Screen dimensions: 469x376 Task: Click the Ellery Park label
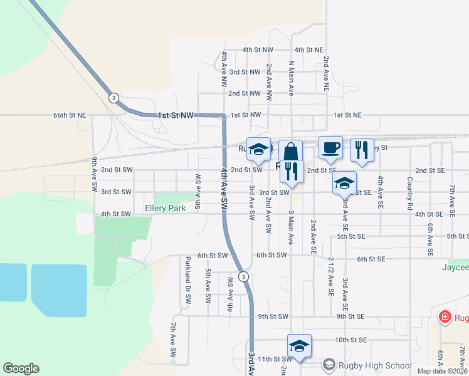coord(165,208)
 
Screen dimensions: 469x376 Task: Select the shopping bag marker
coord(291,152)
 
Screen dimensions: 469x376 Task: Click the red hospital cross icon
coord(446,317)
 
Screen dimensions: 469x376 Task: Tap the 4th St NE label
coord(308,50)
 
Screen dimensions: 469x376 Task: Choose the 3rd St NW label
coord(245,72)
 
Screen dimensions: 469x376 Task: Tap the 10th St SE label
coord(350,340)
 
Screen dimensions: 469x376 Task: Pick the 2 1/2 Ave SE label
coord(330,276)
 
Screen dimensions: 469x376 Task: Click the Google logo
coord(21,368)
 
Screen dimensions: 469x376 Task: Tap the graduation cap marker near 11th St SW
coord(300,347)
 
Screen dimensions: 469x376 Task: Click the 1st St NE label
coord(347,115)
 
